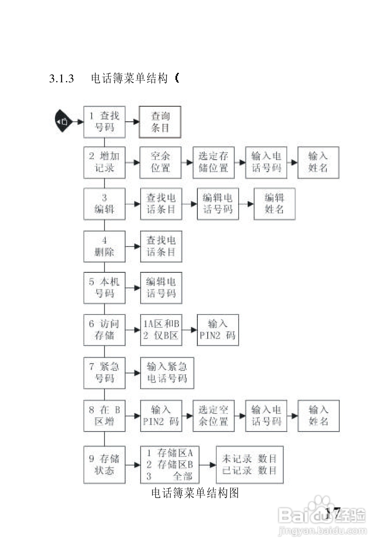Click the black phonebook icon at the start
[63, 121]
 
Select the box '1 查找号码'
[104, 122]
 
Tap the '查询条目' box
[160, 122]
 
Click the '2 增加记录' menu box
[104, 162]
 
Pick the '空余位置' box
[160, 162]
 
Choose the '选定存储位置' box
[214, 162]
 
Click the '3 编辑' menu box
[104, 204]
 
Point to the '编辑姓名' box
[274, 204]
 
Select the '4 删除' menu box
[104, 246]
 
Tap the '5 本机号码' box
[104, 288]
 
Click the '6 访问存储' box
[104, 330]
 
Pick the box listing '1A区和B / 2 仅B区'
[161, 330]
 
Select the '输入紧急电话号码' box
[167, 373]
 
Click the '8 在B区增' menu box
[104, 416]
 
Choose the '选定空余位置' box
[214, 416]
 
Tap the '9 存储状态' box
[104, 465]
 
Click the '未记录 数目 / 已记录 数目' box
[250, 465]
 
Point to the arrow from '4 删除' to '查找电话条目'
[133, 246]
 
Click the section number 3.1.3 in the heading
[62, 79]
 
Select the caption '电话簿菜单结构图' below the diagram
[195, 493]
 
